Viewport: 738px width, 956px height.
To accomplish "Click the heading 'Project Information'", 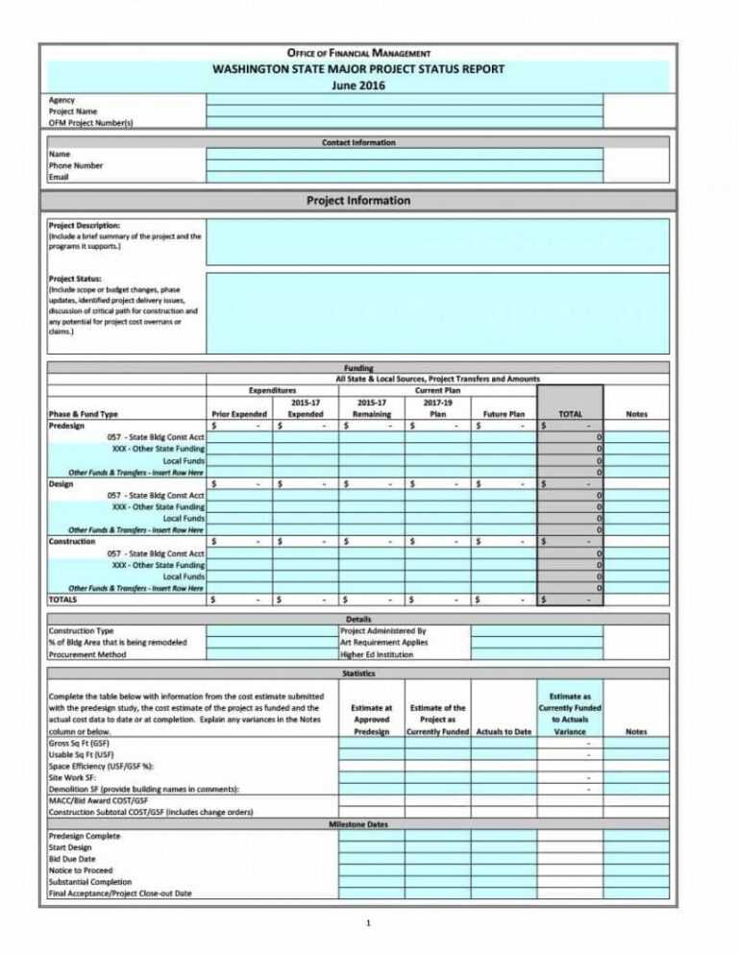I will [x=357, y=201].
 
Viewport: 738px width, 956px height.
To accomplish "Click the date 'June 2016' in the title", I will [x=357, y=85].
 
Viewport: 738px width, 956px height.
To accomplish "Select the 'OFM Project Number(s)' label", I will [x=91, y=123].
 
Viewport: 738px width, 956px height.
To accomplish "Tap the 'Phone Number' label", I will [x=76, y=165].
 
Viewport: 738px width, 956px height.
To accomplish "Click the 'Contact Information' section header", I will [x=357, y=142].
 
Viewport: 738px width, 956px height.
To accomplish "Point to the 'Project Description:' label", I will [x=85, y=225].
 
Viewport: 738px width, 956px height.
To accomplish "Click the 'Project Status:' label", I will [x=75, y=279].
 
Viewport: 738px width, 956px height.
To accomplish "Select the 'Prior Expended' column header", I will [x=238, y=414].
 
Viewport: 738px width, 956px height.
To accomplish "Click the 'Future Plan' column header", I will [x=504, y=414].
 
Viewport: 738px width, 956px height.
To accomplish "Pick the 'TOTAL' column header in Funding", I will [x=570, y=414].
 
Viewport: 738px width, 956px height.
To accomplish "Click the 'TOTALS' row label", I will [x=63, y=600].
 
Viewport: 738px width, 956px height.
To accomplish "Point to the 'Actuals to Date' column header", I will [x=504, y=732].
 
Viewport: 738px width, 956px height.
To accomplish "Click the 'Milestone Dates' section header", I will [x=357, y=824].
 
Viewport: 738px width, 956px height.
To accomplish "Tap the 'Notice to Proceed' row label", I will [x=81, y=870].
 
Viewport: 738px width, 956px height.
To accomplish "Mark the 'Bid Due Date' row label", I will [x=73, y=859].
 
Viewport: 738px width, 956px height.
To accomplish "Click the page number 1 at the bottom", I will [x=368, y=924].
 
